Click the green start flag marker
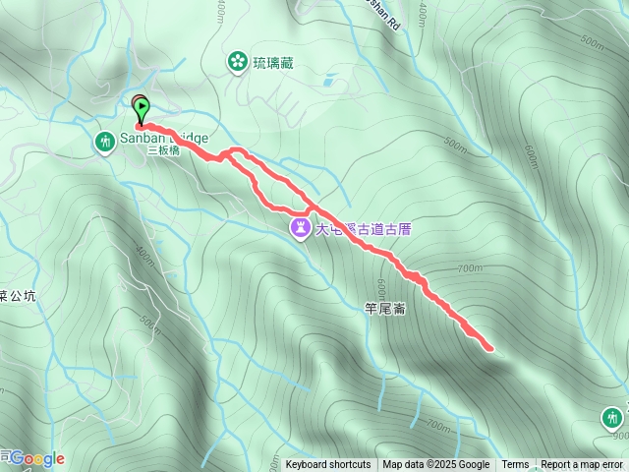coord(142,109)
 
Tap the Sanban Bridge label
coord(164,139)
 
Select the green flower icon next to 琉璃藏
coord(237,63)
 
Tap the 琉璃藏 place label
coord(272,63)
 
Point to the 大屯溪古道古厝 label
coord(364,229)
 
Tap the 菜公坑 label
coord(18,295)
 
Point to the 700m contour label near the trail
coord(470,267)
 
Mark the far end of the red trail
coord(488,346)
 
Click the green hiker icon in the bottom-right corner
coord(612,418)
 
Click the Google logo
coord(37,458)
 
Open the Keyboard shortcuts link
coord(328,465)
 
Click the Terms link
coord(515,465)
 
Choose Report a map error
coord(582,465)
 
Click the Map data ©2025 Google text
coord(436,465)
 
